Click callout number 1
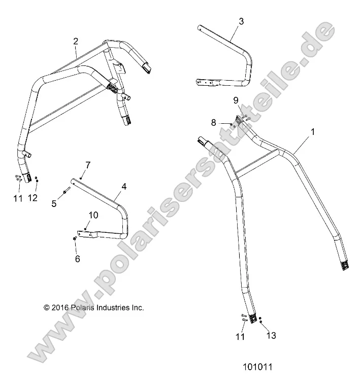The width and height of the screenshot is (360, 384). pyautogui.click(x=313, y=131)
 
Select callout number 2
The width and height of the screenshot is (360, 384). pyautogui.click(x=76, y=41)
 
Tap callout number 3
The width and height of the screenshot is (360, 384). pyautogui.click(x=241, y=21)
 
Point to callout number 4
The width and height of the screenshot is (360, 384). pyautogui.click(x=123, y=187)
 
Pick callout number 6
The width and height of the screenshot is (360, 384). pyautogui.click(x=77, y=258)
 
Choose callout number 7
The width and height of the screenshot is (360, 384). pyautogui.click(x=87, y=165)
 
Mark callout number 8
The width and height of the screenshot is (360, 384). pyautogui.click(x=213, y=122)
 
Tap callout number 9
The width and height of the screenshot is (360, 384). pyautogui.click(x=235, y=100)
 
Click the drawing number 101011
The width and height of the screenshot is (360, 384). pyautogui.click(x=259, y=367)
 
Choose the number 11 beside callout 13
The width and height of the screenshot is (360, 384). pyautogui.click(x=240, y=336)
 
